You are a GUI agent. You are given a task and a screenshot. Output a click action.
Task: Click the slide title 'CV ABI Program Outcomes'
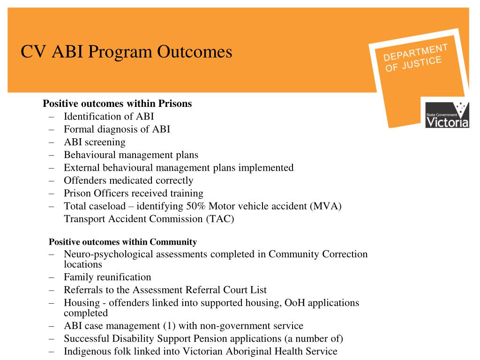click(127, 52)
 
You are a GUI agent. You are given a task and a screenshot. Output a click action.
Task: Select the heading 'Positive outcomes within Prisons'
click(117, 104)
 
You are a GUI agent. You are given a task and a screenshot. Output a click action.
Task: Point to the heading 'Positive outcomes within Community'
click(123, 242)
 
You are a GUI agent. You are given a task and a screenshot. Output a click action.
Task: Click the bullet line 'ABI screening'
click(95, 142)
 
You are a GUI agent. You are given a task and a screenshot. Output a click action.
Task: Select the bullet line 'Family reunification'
click(107, 277)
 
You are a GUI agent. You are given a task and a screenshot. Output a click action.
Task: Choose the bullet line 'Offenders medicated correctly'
click(128, 180)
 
